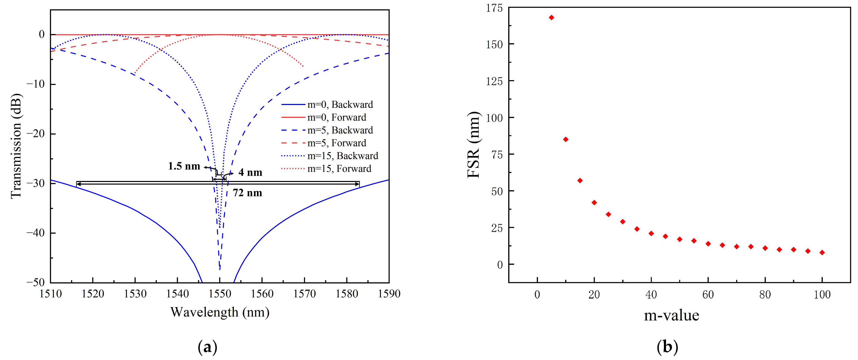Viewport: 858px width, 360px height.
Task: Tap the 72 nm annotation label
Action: [247, 193]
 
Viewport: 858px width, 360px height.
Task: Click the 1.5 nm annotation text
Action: [184, 166]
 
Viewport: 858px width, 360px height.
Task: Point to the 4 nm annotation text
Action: [250, 173]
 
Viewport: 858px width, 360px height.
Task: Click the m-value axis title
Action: [672, 315]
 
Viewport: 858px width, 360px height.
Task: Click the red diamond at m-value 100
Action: [822, 252]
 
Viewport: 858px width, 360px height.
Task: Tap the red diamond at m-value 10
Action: [566, 139]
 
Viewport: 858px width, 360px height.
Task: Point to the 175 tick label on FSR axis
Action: [494, 8]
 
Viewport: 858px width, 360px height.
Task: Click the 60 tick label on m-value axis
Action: [708, 294]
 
